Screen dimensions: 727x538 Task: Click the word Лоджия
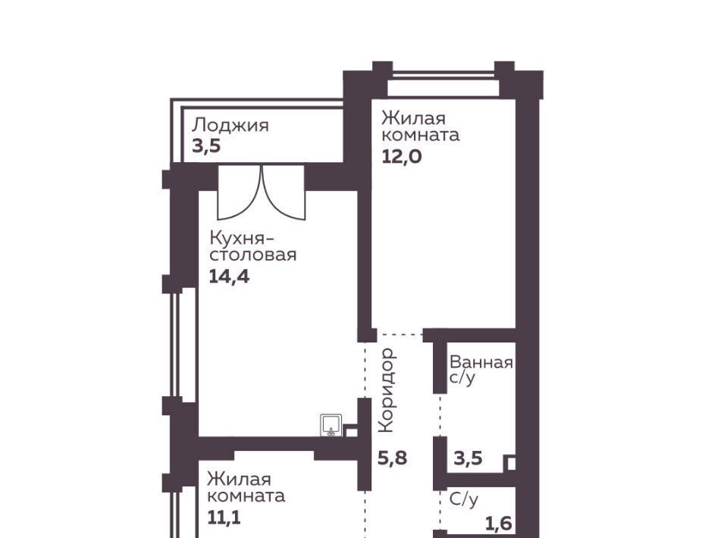click(230, 126)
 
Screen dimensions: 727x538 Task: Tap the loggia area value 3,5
click(206, 146)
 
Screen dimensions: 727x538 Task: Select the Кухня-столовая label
click(252, 246)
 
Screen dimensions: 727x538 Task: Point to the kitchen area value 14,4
click(229, 277)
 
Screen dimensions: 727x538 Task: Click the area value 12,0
click(402, 157)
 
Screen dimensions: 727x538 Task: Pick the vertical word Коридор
click(387, 390)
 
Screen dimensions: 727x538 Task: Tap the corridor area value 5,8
click(392, 458)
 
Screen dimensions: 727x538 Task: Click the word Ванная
click(481, 362)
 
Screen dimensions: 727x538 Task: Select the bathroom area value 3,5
click(468, 458)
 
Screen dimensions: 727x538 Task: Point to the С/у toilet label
click(464, 499)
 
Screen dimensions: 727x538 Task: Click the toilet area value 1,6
click(498, 524)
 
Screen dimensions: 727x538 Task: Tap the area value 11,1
click(224, 518)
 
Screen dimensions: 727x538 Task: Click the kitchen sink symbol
click(331, 425)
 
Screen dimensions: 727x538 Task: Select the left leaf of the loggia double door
click(240, 192)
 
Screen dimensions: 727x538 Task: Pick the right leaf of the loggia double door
click(284, 192)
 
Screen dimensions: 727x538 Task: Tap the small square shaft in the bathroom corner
click(509, 464)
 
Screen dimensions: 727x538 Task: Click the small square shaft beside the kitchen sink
click(351, 431)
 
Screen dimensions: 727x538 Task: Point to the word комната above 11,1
click(246, 496)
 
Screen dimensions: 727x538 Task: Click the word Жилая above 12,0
click(414, 118)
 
